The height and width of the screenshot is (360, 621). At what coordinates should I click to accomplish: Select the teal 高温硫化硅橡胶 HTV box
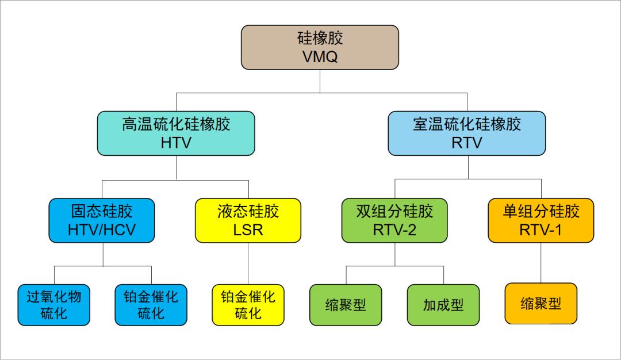pyautogui.click(x=175, y=133)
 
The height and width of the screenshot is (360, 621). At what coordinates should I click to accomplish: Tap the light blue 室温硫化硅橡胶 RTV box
pyautogui.click(x=467, y=133)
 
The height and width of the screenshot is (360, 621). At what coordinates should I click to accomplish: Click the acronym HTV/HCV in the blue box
pyautogui.click(x=102, y=229)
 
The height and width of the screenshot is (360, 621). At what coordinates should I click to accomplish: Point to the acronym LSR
pyautogui.click(x=248, y=229)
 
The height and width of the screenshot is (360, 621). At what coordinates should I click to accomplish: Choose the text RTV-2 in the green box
pyautogui.click(x=394, y=229)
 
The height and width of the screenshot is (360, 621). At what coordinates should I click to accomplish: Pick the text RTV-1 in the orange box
pyautogui.click(x=540, y=229)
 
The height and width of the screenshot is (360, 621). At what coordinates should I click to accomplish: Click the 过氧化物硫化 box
pyautogui.click(x=54, y=305)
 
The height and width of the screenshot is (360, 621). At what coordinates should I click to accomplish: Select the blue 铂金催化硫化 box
pyautogui.click(x=151, y=305)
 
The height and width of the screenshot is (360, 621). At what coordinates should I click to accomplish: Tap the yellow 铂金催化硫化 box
pyautogui.click(x=248, y=305)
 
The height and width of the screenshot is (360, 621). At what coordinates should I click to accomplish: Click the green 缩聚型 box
pyautogui.click(x=346, y=305)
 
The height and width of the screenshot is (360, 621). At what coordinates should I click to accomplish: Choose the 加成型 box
pyautogui.click(x=443, y=305)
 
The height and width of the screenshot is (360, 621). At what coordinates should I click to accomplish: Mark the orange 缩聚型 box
pyautogui.click(x=540, y=303)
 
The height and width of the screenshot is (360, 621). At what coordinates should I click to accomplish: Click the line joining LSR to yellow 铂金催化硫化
pyautogui.click(x=248, y=263)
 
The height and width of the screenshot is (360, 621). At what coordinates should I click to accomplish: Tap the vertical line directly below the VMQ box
pyautogui.click(x=320, y=81)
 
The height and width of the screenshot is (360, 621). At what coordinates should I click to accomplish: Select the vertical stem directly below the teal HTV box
pyautogui.click(x=176, y=167)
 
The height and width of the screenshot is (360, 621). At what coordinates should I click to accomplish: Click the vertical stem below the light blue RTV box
pyautogui.click(x=467, y=167)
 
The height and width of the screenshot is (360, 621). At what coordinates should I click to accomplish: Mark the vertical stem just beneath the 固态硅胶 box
pyautogui.click(x=103, y=254)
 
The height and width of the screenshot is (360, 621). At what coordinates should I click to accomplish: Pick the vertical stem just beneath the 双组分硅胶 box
pyautogui.click(x=394, y=254)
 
